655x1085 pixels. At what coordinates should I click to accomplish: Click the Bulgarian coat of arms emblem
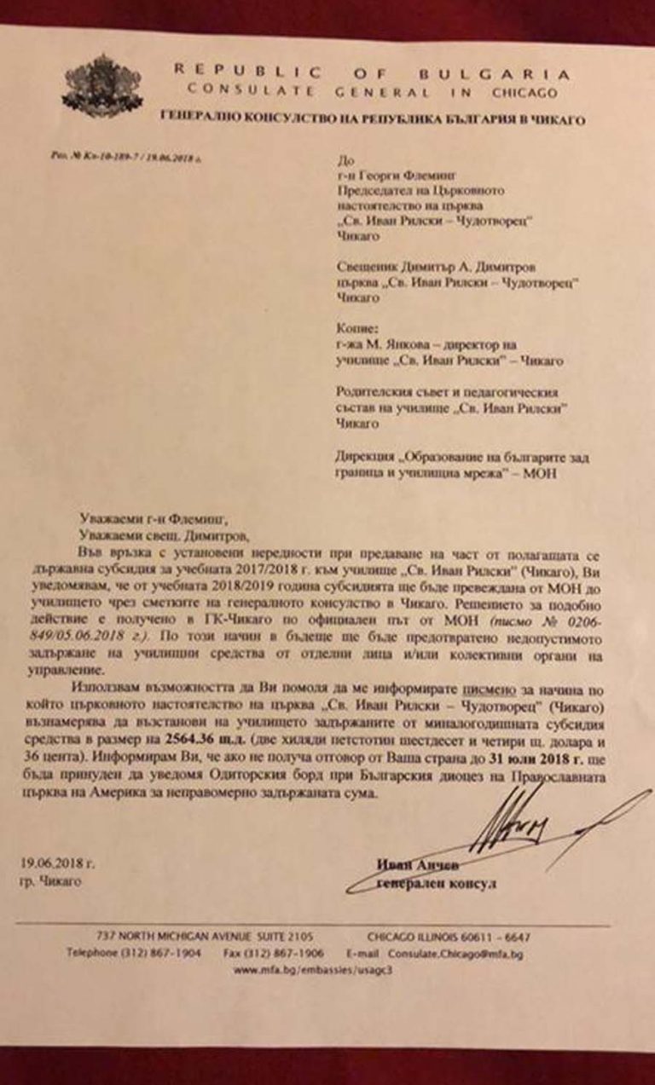101,84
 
